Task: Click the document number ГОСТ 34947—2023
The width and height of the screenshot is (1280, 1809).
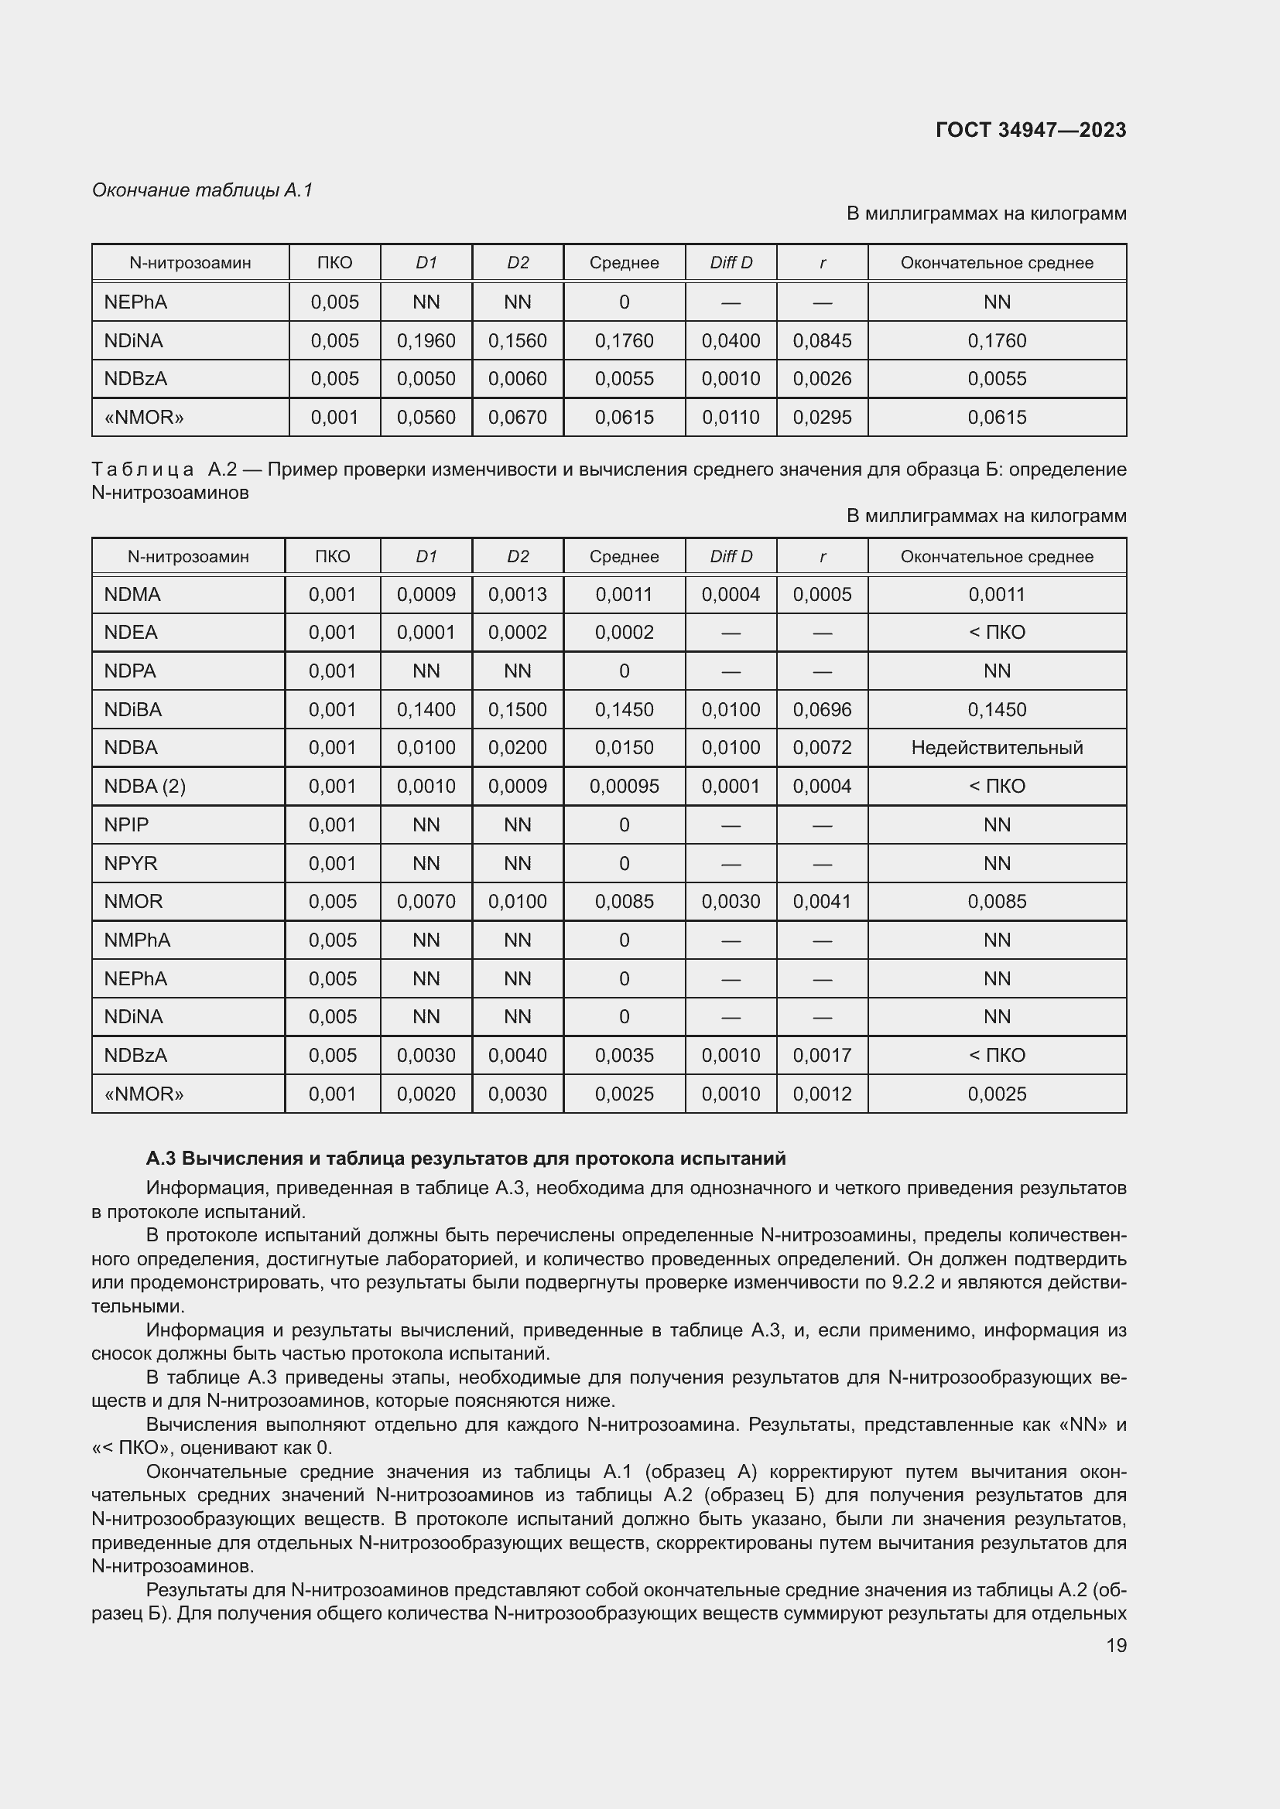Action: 1030,130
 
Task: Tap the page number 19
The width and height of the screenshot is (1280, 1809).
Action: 1116,1645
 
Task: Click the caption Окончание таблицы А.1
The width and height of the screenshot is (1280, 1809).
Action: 203,190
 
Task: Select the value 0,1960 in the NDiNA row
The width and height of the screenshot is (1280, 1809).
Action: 426,340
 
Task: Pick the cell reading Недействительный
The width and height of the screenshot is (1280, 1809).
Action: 996,748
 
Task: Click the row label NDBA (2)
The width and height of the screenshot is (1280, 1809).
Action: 145,787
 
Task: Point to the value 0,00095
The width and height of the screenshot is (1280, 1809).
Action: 624,787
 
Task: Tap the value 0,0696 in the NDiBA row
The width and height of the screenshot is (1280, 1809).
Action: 821,710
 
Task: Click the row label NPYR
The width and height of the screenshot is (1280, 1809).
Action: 131,864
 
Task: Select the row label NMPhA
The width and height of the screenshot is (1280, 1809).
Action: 137,940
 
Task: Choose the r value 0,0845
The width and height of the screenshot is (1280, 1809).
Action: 821,340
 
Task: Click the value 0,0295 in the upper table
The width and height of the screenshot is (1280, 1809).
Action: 821,417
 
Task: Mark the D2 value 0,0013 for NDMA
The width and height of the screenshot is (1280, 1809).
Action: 517,594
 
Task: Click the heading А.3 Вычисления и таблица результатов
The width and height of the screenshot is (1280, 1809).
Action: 466,1159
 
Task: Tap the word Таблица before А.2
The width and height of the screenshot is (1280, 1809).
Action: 142,469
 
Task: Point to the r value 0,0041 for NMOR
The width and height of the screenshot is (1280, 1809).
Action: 821,901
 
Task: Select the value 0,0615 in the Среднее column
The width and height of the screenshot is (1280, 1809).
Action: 624,417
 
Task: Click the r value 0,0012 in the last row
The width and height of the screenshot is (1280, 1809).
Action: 821,1094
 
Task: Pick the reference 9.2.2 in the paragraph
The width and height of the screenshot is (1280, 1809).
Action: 912,1282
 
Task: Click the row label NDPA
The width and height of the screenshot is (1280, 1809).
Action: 130,671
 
